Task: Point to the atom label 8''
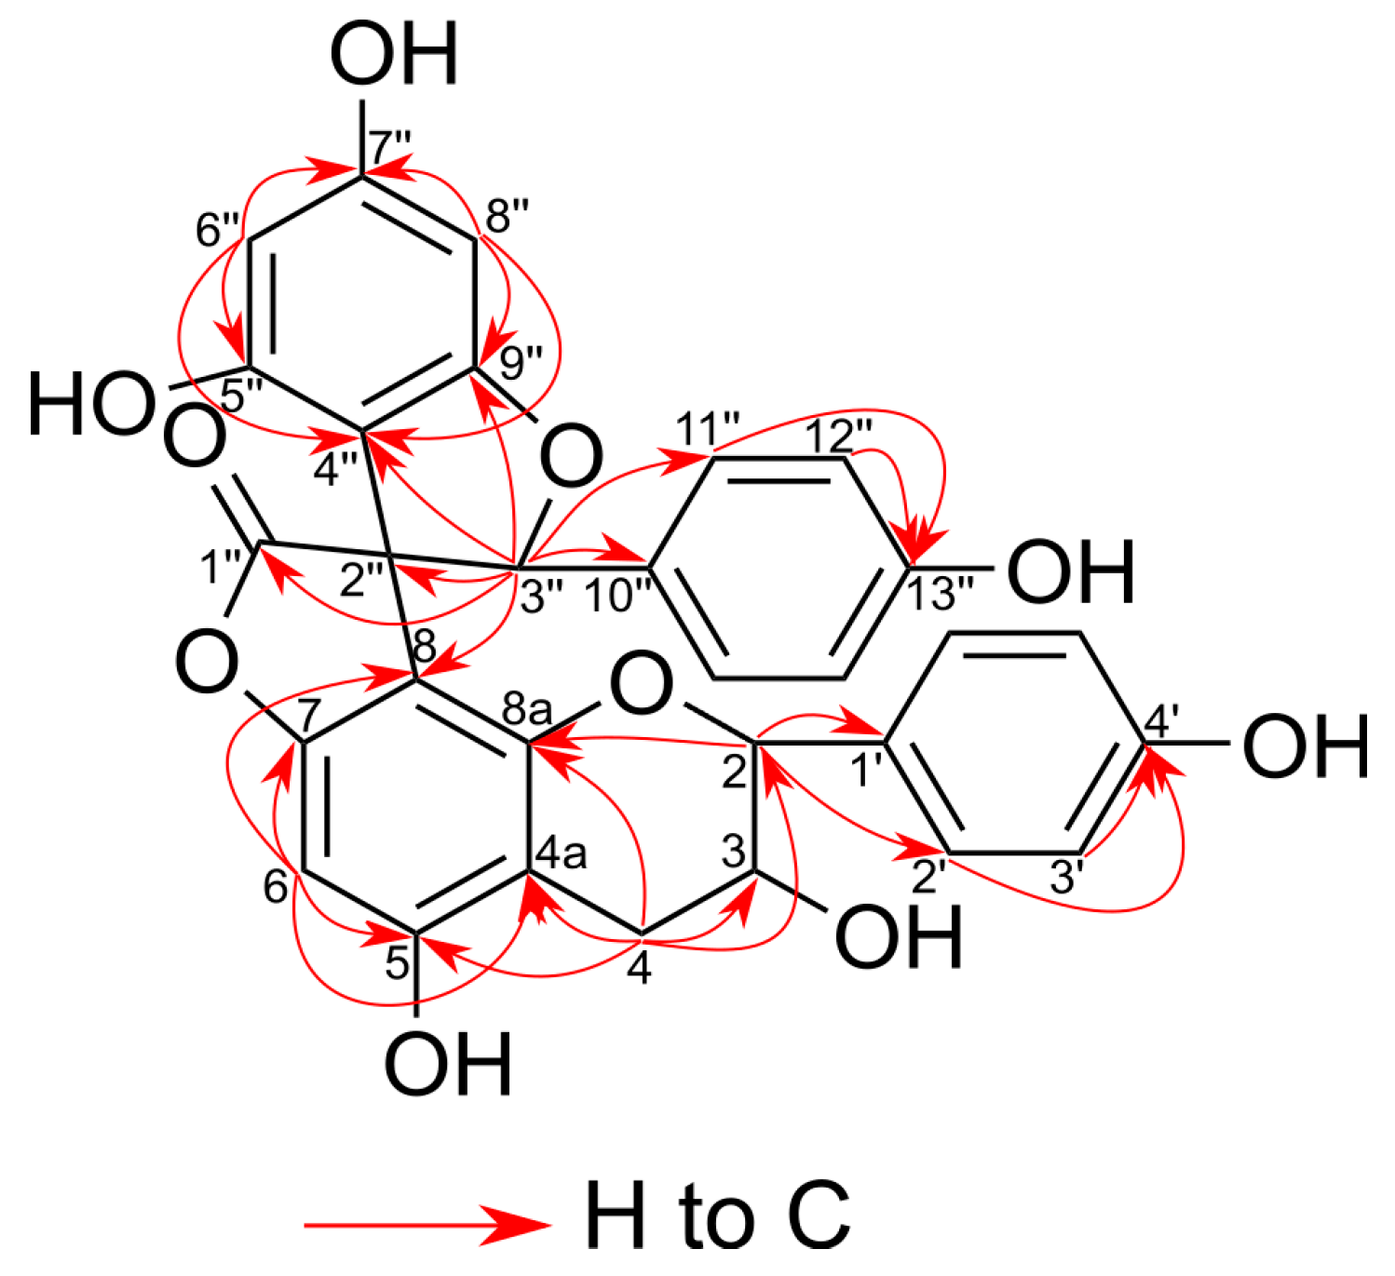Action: [508, 217]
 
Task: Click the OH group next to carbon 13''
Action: [1071, 570]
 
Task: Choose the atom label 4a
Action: [562, 853]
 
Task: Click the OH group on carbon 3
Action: [899, 937]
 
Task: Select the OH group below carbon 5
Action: [448, 1064]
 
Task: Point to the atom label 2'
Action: [928, 878]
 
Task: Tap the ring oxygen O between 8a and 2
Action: [641, 687]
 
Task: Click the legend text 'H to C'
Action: [717, 1215]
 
